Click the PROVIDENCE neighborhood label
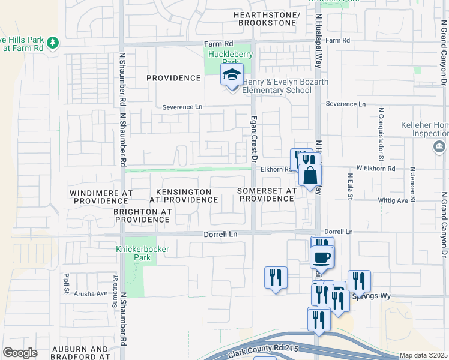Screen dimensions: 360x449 (x=173, y=78)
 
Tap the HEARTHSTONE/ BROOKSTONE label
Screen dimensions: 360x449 (x=267, y=19)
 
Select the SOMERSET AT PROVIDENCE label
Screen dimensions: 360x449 (x=267, y=194)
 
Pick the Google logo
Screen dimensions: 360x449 (x=20, y=353)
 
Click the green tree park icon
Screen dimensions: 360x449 (x=53, y=42)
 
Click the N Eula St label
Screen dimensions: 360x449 (x=349, y=187)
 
